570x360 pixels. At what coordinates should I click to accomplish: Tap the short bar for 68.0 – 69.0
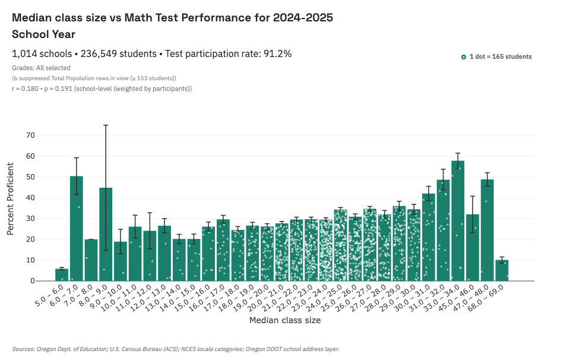click(x=502, y=270)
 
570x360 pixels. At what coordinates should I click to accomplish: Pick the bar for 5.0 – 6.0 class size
click(x=62, y=275)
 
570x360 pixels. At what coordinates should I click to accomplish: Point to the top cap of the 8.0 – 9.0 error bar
click(x=106, y=125)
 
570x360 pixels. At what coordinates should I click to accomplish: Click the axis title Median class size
click(x=285, y=321)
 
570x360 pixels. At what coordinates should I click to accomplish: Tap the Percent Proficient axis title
click(x=11, y=208)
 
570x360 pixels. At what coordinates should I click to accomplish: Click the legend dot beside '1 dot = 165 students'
click(x=464, y=57)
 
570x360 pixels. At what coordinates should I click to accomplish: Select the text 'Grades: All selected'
click(x=41, y=68)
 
